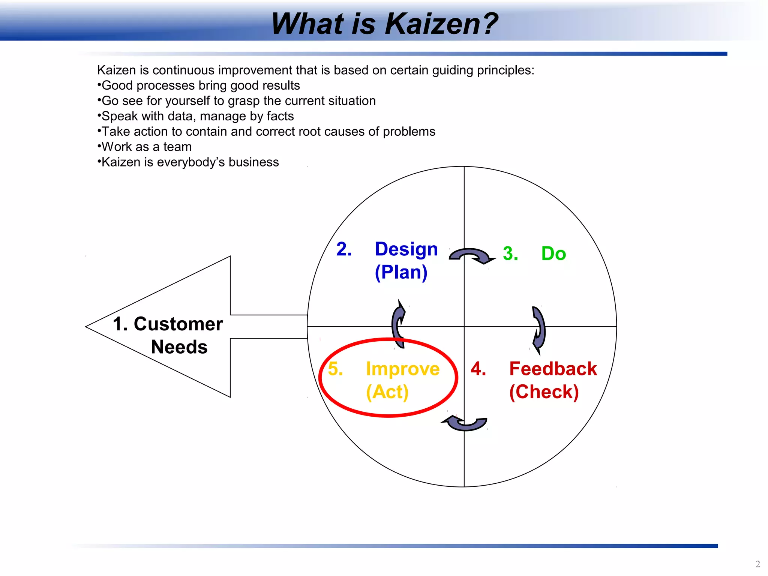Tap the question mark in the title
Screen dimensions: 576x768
click(x=488, y=24)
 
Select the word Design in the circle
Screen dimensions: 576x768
click(x=406, y=249)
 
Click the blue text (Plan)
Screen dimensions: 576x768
click(x=401, y=272)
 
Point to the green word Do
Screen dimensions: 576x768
click(x=553, y=253)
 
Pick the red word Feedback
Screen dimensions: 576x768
click(x=553, y=369)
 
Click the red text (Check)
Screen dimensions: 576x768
click(x=544, y=392)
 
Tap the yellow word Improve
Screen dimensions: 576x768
click(x=403, y=369)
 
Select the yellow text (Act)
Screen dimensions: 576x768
click(x=387, y=392)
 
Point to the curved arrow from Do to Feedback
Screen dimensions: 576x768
click(x=539, y=329)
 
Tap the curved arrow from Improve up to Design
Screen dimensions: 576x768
click(x=398, y=324)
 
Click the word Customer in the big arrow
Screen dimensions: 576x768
click(x=178, y=324)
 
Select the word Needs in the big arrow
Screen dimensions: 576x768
click(x=179, y=347)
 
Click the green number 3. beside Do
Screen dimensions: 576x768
click(x=510, y=253)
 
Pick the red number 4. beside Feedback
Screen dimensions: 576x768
click(x=478, y=369)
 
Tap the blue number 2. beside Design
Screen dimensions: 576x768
click(x=344, y=249)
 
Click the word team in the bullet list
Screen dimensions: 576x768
click(x=177, y=147)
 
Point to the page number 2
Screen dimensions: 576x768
click(x=757, y=564)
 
